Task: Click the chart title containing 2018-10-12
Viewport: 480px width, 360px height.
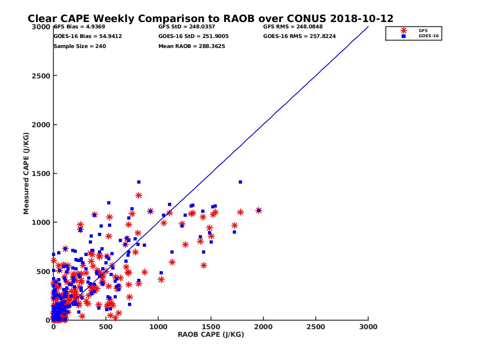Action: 210,19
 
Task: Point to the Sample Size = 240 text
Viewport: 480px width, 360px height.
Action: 80,46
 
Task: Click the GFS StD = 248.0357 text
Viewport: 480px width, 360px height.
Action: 186,27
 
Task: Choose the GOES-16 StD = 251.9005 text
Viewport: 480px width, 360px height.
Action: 193,36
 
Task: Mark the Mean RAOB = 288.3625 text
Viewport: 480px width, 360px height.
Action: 192,46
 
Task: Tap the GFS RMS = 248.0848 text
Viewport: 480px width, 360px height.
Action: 293,27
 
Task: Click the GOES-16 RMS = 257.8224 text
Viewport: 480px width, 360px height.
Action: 299,36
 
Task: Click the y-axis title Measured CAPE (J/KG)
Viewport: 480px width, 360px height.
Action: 26,173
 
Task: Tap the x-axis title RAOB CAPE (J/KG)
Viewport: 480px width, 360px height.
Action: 211,335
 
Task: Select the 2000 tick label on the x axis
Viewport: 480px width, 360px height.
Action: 263,327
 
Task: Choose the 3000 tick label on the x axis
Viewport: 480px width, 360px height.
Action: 368,327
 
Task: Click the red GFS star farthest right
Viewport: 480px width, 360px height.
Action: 258,210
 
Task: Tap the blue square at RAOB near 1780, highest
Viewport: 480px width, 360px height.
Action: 240,182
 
